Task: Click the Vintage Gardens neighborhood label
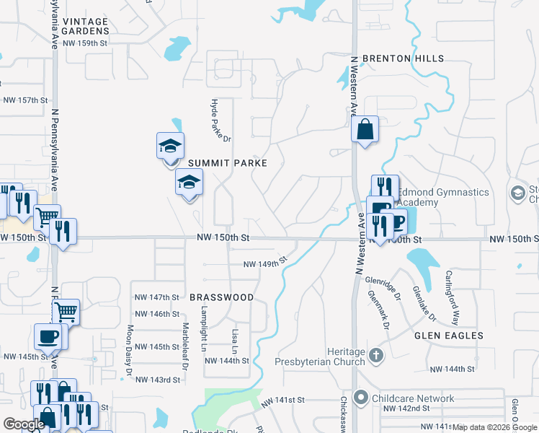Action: coord(85,26)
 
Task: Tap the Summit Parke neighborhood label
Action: coord(228,164)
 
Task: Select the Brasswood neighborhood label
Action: coord(222,297)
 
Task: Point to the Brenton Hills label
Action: coord(403,58)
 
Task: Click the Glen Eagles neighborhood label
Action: coord(448,336)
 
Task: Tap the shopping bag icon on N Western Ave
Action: coord(365,130)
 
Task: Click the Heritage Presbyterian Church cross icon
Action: coord(375,355)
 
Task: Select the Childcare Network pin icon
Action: coord(360,398)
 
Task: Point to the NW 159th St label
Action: coord(85,43)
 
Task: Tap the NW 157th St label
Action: coord(25,100)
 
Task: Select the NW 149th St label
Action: coord(265,263)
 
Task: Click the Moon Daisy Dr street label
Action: coord(130,349)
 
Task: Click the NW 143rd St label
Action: coord(157,380)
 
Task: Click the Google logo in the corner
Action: coord(23,424)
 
